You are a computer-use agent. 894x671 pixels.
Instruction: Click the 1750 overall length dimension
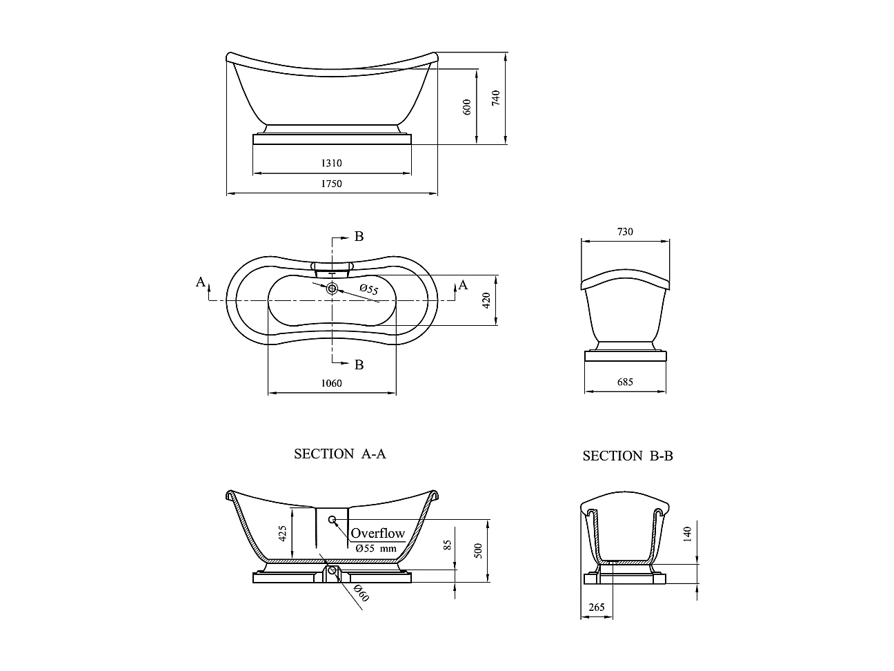coord(331,184)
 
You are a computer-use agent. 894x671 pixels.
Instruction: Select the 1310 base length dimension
coord(331,164)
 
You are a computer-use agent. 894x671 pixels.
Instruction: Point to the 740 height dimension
coord(495,98)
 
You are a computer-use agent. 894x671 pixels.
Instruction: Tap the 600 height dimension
coord(467,107)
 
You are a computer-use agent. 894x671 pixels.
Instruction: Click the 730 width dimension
coord(624,232)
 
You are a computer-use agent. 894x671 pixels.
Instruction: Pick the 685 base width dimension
coord(624,382)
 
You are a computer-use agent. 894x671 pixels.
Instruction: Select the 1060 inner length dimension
coord(331,383)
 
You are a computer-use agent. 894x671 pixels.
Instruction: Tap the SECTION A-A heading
coord(340,454)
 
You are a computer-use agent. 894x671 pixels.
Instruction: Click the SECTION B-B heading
coord(628,456)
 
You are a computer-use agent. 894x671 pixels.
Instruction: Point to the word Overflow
coord(377,533)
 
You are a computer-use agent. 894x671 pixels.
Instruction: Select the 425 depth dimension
coord(282,534)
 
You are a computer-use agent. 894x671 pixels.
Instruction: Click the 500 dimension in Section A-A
coord(478,551)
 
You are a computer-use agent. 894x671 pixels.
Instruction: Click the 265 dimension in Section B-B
coord(597,607)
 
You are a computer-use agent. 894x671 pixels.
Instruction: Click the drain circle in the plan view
coord(332,289)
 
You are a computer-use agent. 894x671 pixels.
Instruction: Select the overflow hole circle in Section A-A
coord(332,519)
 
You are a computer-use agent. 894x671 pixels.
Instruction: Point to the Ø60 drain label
coord(360,592)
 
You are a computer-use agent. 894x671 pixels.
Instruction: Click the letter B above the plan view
coord(359,237)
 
